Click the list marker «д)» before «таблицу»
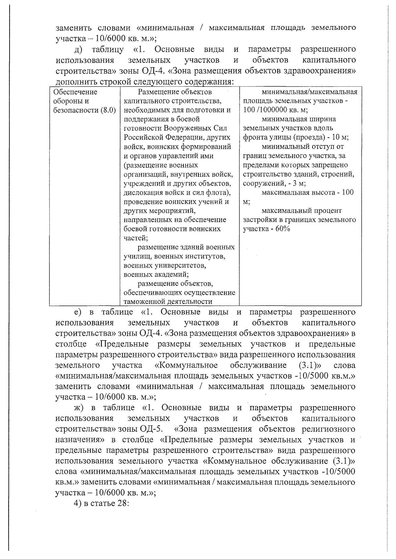pyautogui.click(x=80, y=50)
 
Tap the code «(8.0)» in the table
pyautogui.click(x=108, y=110)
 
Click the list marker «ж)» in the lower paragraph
pyautogui.click(x=80, y=408)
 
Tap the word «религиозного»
pyautogui.click(x=329, y=429)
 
